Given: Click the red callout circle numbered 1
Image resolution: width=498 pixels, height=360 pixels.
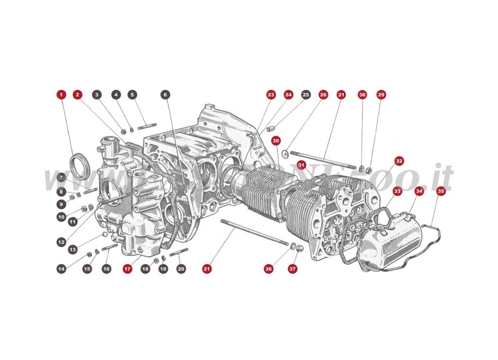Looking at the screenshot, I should [61, 94].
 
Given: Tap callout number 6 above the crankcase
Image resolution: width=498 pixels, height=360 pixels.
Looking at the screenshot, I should [165, 94].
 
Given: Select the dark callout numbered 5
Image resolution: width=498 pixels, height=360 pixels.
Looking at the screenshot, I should [133, 94].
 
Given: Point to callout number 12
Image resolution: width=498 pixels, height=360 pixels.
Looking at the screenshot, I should [61, 241].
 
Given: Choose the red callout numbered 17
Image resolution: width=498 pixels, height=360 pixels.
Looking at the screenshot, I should [127, 268].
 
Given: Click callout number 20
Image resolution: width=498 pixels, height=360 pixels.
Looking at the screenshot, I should [181, 268].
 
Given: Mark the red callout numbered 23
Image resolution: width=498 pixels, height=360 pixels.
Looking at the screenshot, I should [271, 94].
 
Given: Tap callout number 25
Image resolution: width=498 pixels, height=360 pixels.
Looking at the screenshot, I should [305, 94].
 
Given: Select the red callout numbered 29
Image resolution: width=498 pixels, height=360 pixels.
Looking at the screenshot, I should [381, 94].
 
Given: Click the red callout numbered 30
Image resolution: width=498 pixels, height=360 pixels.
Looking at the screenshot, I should [276, 141].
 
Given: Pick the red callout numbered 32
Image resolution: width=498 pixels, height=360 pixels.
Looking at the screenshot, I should [399, 161].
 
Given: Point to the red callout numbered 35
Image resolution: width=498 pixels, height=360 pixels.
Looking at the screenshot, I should [441, 191].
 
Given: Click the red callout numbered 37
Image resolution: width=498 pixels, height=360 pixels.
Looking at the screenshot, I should [292, 268].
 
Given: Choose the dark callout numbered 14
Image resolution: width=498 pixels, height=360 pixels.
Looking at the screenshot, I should [61, 268].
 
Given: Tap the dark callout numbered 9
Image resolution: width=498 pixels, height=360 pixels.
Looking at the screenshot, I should [61, 204].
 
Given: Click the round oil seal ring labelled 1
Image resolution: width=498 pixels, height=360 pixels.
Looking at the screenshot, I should [80, 163].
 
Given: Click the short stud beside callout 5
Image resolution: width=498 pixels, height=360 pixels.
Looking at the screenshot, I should [146, 128].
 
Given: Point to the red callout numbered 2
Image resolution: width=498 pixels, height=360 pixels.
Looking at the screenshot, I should [77, 94].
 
